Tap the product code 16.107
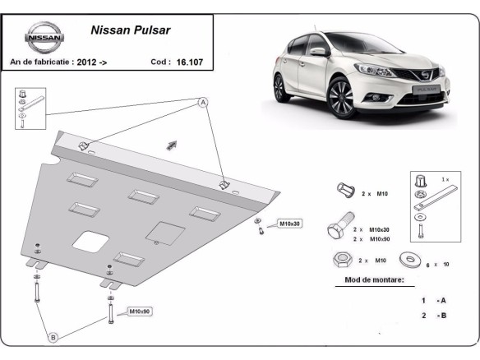click(x=190, y=62)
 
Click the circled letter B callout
click(x=53, y=337)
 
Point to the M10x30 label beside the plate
click(x=289, y=224)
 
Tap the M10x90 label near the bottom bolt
click(x=138, y=312)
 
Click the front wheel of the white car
click(x=340, y=99)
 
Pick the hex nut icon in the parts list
click(x=342, y=260)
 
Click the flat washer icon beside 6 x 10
click(x=408, y=261)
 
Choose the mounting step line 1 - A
click(x=432, y=301)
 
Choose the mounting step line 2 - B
click(x=432, y=316)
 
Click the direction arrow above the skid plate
click(x=173, y=145)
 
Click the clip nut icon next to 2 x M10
click(x=343, y=192)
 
